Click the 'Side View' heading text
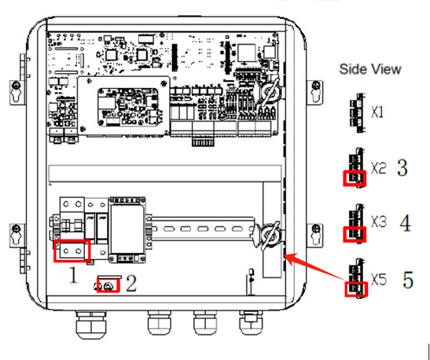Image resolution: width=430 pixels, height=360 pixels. [370, 69]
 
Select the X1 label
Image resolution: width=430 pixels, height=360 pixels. [377, 112]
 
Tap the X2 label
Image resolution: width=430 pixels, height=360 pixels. [379, 167]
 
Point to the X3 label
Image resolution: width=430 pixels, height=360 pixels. [379, 221]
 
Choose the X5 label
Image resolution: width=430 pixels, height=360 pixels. [379, 279]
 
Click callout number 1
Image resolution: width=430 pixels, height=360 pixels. [73, 275]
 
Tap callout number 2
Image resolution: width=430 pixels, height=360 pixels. [131, 284]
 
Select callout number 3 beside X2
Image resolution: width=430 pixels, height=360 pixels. [402, 167]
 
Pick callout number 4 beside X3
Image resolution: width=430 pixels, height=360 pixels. [405, 223]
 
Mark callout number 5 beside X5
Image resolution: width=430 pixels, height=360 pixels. [408, 280]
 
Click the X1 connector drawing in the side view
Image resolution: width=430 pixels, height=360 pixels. [358, 113]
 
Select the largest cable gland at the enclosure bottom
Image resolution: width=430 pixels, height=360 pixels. [90, 325]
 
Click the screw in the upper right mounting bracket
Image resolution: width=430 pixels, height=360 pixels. [316, 84]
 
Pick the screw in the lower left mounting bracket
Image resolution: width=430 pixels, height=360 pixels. [17, 228]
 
